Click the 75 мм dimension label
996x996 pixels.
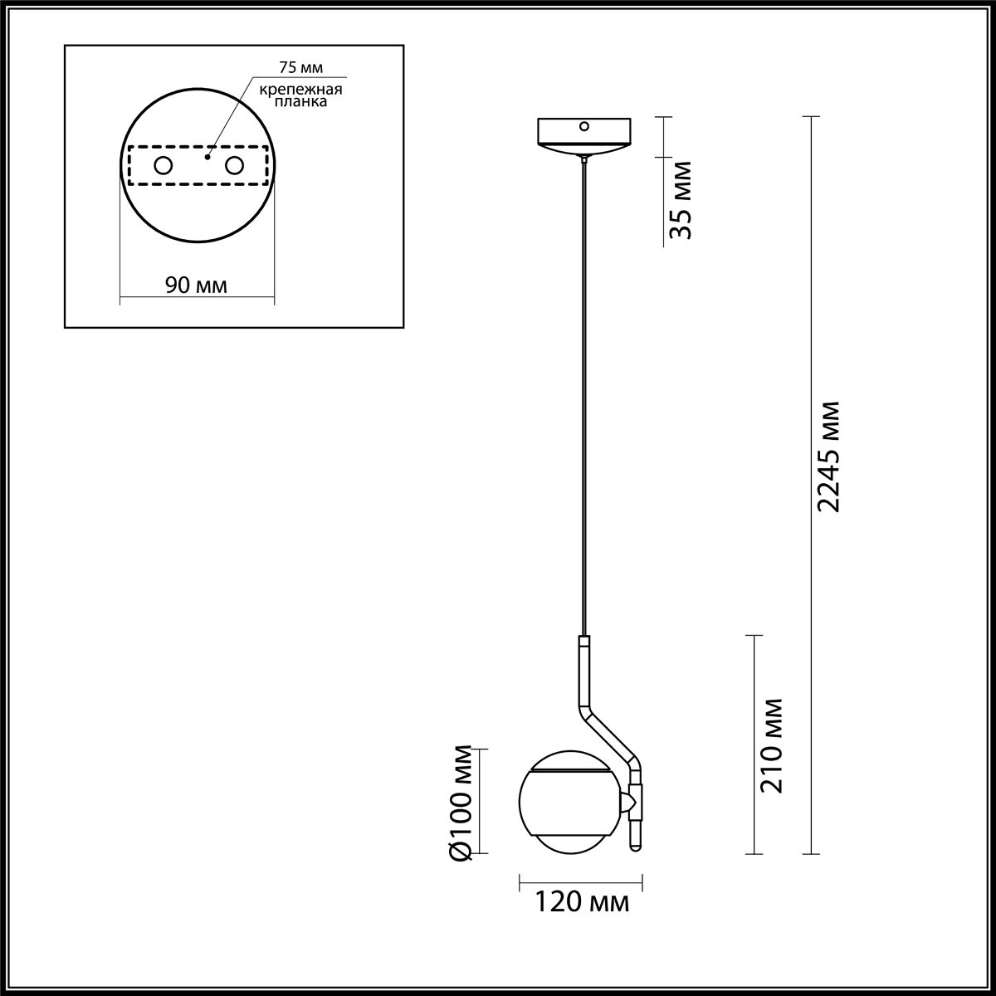300,68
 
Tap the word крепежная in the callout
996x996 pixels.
300,90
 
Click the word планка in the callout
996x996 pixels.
300,101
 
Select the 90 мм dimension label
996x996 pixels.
196,285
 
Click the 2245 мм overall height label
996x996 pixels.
829,456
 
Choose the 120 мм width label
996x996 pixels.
582,902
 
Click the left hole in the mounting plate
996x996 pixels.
164,166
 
